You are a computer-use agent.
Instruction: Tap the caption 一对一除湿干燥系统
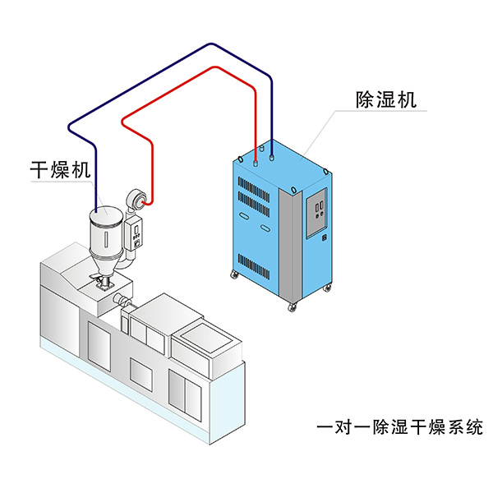(x=399, y=427)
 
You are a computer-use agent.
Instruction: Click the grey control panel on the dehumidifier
(x=317, y=212)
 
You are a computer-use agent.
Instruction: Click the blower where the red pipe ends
(x=138, y=197)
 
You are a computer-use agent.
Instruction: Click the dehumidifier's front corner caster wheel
(x=291, y=307)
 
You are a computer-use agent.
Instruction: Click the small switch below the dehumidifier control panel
(x=324, y=240)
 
